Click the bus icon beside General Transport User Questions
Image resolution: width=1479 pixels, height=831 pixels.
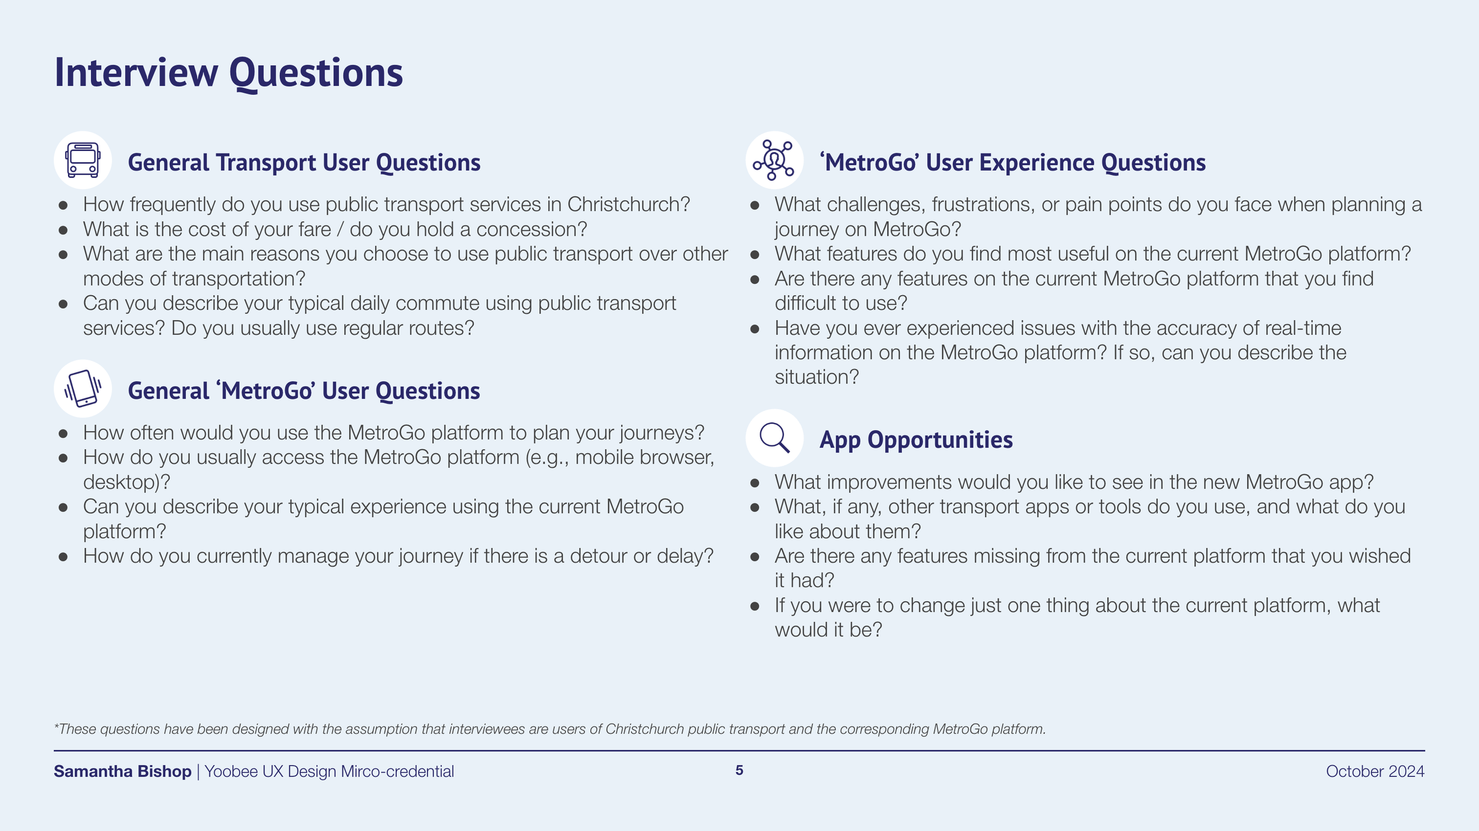tap(83, 160)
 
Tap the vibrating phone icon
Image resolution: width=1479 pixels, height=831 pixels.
tap(83, 389)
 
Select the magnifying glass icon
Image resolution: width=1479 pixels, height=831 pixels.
tap(774, 438)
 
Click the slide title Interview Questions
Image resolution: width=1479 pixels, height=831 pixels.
tap(228, 73)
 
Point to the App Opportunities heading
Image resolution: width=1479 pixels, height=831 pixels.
tap(916, 440)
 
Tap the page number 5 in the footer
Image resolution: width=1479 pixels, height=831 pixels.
tap(739, 770)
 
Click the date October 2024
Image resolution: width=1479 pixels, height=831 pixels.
tap(1375, 771)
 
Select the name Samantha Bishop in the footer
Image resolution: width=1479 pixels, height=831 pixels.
tap(122, 771)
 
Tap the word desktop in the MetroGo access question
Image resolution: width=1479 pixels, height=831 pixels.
tap(121, 483)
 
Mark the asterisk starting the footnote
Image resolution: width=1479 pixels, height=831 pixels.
tap(56, 726)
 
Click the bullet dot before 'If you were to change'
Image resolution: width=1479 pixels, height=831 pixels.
tap(754, 606)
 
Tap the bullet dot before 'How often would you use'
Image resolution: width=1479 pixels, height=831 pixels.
tap(63, 434)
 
